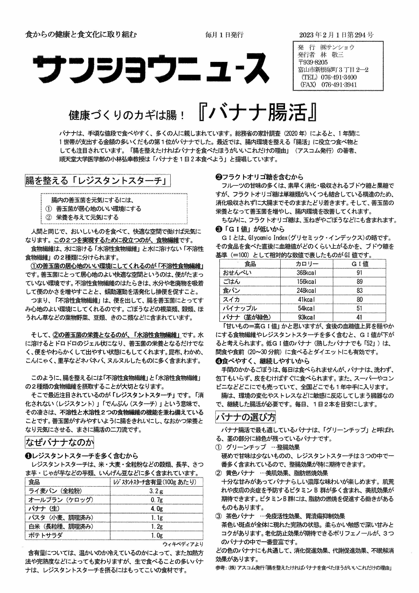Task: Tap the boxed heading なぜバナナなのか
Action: click(59, 443)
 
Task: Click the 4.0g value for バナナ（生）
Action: click(157, 509)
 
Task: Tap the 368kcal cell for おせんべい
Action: click(306, 273)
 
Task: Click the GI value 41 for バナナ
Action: click(359, 317)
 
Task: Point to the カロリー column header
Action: click(306, 264)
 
